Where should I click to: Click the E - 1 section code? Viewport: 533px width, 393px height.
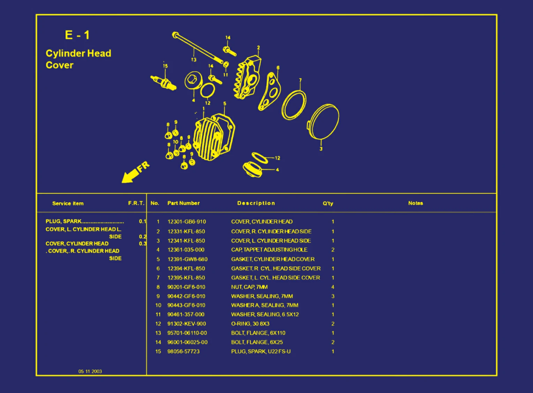[x=77, y=35]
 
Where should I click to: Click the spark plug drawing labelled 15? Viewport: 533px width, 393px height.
[x=163, y=82]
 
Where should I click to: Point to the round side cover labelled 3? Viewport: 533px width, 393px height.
[x=323, y=121]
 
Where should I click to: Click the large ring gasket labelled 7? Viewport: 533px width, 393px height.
[x=294, y=105]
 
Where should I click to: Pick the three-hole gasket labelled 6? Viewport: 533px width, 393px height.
[x=270, y=91]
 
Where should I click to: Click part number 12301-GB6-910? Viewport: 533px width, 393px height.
[x=187, y=222]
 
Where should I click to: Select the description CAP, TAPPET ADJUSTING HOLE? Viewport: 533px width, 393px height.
[x=269, y=250]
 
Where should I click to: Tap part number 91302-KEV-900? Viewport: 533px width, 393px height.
[x=187, y=324]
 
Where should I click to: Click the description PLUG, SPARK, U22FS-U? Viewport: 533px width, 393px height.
[x=261, y=352]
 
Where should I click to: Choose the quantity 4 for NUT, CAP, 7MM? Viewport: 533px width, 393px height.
[x=333, y=287]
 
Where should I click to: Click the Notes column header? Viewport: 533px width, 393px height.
[x=415, y=203]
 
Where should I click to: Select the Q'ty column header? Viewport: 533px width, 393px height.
[x=328, y=203]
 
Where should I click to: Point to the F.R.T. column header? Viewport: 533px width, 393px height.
[x=136, y=203]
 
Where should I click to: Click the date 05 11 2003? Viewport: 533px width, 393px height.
[x=90, y=371]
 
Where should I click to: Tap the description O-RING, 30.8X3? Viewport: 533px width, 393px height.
[x=250, y=324]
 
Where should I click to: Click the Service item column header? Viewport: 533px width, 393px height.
[x=68, y=203]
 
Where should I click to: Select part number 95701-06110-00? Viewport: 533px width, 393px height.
[x=187, y=333]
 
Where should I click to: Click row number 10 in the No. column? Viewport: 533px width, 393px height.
[x=158, y=305]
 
